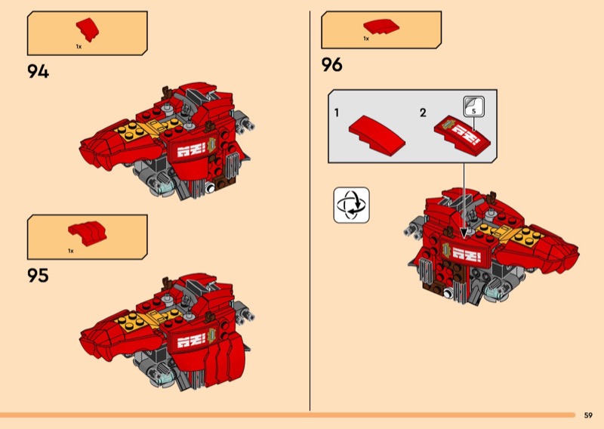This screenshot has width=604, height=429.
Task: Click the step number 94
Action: click(39, 71)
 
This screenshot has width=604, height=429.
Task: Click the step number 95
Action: click(39, 275)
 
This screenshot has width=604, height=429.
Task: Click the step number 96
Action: click(331, 64)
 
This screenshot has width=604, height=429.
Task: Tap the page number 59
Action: click(588, 415)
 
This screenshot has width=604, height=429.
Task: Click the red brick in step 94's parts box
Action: click(88, 29)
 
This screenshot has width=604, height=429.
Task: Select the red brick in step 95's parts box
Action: click(88, 233)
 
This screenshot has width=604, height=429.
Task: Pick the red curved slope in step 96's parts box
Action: click(381, 26)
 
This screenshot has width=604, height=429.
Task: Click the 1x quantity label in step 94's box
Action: click(79, 47)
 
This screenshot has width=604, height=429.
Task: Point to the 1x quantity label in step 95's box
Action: click(70, 251)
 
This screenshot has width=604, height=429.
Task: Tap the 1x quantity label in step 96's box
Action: click(366, 39)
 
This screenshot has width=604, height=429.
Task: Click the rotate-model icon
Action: click(351, 205)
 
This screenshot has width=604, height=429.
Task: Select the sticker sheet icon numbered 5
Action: click(474, 106)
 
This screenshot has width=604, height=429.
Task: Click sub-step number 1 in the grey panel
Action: click(337, 113)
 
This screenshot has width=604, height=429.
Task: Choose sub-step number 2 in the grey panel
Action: click(423, 113)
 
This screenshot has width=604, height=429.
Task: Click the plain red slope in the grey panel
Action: click(377, 135)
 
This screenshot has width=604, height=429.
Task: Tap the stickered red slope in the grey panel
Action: click(462, 135)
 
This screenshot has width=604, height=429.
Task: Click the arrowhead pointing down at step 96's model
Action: click(464, 233)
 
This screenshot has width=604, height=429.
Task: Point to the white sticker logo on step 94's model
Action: click(191, 149)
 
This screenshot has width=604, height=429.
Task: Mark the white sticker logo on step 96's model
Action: click(467, 255)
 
